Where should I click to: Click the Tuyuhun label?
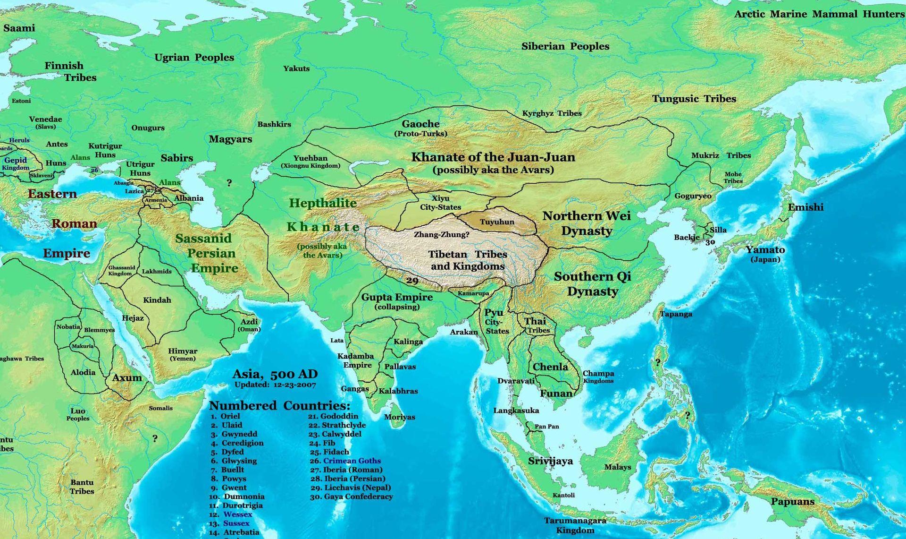point(497,222)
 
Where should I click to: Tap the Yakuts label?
point(296,68)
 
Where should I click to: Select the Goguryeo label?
point(693,196)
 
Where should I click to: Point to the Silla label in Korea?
point(718,230)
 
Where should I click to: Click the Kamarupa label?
point(473,293)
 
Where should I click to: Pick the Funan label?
point(556,393)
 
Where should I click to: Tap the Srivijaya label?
point(550,461)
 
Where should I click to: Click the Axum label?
point(127,377)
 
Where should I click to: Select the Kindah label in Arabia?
point(157,300)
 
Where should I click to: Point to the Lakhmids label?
point(157,271)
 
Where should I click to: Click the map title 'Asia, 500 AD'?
point(275,374)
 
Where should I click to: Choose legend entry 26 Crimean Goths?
point(351,461)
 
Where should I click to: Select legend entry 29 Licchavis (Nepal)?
point(357,488)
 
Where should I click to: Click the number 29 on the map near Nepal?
point(412,281)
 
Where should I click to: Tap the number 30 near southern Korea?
point(710,242)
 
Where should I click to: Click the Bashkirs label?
point(274,124)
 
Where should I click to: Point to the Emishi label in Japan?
point(805,207)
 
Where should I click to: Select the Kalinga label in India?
point(408,342)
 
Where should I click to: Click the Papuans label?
point(793,502)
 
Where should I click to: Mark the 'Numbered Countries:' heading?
point(279,406)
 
